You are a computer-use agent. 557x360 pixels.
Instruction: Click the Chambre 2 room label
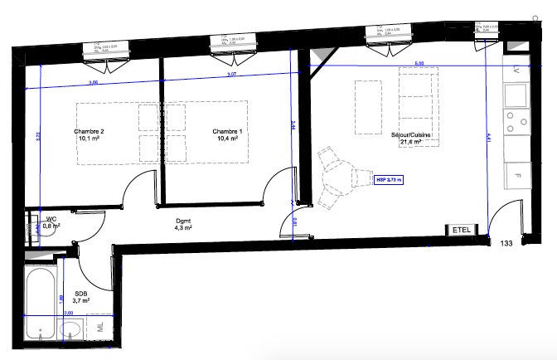(89, 131)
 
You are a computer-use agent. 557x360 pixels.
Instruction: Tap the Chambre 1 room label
(227, 131)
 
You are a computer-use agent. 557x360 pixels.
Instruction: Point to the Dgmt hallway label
(183, 220)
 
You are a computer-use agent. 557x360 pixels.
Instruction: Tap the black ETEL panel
(460, 230)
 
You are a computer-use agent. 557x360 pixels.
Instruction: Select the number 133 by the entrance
(506, 243)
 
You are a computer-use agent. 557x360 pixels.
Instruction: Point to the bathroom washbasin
(71, 331)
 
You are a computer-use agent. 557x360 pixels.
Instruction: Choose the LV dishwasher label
(516, 70)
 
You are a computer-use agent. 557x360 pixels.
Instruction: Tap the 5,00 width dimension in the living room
(419, 63)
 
